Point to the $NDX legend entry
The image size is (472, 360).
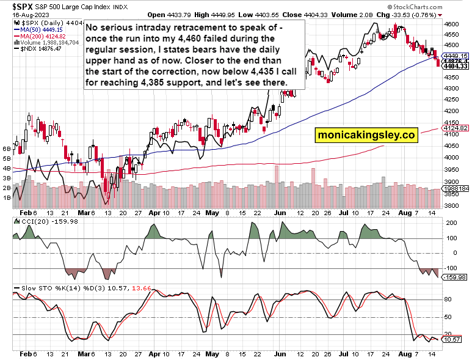(x=34, y=48)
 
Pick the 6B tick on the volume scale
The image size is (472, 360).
(x=7, y=149)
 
